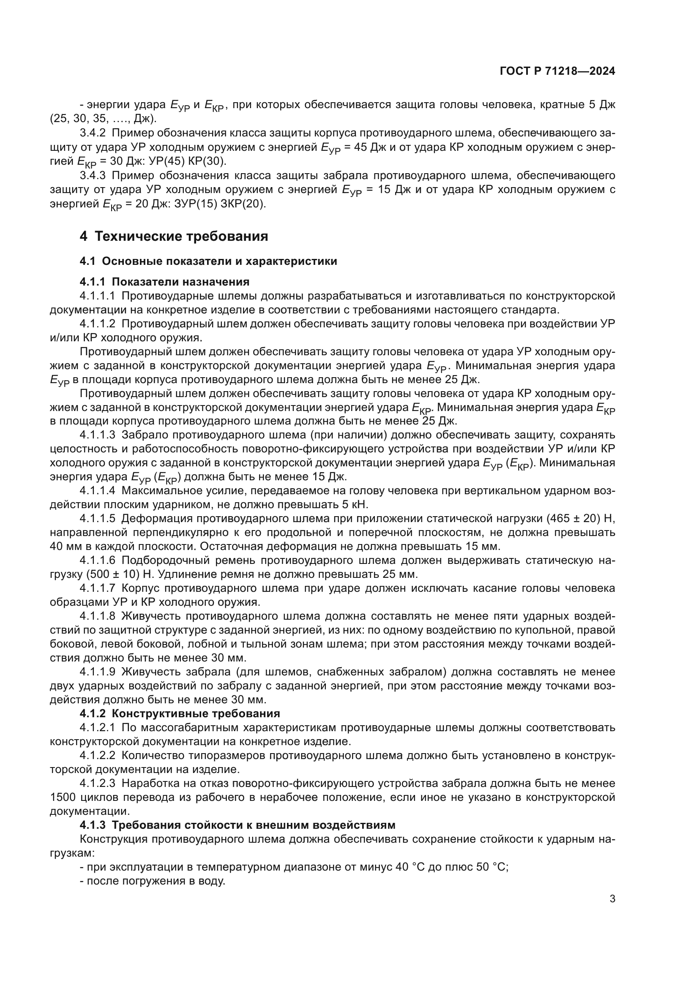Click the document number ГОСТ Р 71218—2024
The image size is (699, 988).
pos(557,71)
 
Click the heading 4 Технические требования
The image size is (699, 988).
pos(174,236)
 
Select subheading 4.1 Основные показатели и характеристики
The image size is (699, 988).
pos(208,261)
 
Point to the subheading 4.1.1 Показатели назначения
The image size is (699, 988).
pos(164,282)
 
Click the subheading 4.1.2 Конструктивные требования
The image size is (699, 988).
pos(180,713)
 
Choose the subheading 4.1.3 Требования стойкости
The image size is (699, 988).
pos(237,825)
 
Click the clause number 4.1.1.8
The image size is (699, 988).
pos(97,616)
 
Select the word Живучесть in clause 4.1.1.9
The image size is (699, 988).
pos(147,672)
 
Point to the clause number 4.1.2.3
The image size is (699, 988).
pos(97,783)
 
